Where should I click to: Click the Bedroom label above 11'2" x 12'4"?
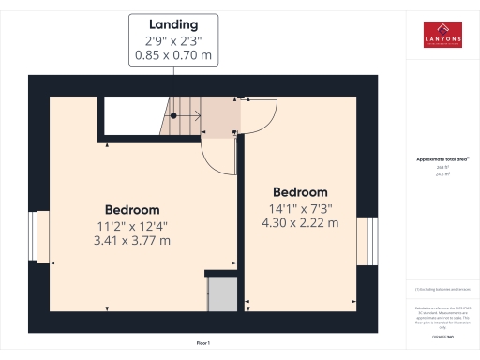point(131,209)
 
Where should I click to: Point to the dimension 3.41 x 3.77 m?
point(131,241)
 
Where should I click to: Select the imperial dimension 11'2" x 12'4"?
point(131,225)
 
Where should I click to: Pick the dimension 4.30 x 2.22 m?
point(300,223)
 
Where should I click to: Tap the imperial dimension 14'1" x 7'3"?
point(300,207)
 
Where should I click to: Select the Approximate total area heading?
point(442,159)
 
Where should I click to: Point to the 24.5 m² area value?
point(442,173)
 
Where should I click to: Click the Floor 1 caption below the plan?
point(202,344)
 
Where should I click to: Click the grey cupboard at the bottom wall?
point(221,292)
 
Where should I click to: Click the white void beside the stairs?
point(131,116)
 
